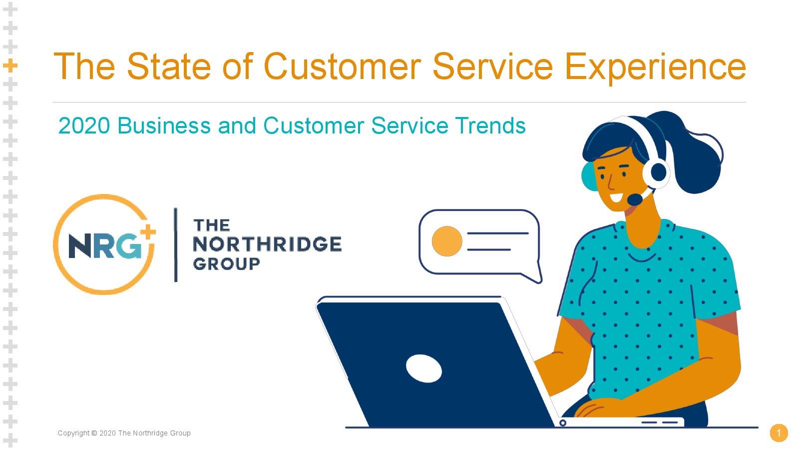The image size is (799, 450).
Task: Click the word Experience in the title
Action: (655, 67)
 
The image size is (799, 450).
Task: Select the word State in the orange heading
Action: (169, 66)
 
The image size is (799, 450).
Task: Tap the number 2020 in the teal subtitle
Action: (84, 125)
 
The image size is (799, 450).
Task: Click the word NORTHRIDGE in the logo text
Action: (267, 244)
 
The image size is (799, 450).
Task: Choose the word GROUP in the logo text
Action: (227, 264)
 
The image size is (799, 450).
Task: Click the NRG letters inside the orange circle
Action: (105, 245)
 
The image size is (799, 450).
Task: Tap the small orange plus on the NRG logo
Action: (148, 232)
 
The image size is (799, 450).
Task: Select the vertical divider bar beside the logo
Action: (175, 245)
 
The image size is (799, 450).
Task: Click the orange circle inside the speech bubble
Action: (447, 241)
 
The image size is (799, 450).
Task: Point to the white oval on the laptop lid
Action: (424, 368)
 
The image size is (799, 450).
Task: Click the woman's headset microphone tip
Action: (635, 199)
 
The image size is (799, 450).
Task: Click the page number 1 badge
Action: (779, 433)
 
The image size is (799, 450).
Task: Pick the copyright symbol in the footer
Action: (94, 433)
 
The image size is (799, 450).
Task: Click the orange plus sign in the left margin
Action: (10, 65)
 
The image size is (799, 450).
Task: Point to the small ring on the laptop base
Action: (563, 423)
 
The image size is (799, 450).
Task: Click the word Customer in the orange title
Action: (343, 66)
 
